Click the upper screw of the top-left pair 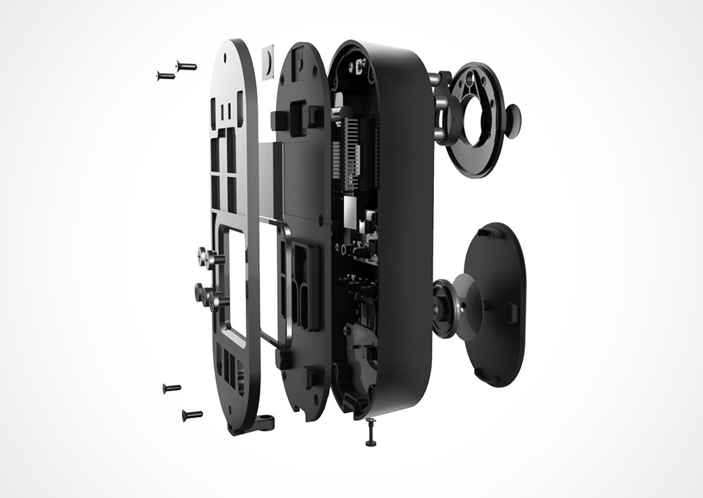[x=185, y=66]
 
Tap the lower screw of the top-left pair [x=165, y=76]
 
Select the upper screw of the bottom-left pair [x=171, y=388]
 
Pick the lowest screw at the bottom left [x=191, y=415]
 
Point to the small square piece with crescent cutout [x=268, y=62]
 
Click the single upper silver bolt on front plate [x=205, y=255]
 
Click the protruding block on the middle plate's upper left [x=279, y=121]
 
